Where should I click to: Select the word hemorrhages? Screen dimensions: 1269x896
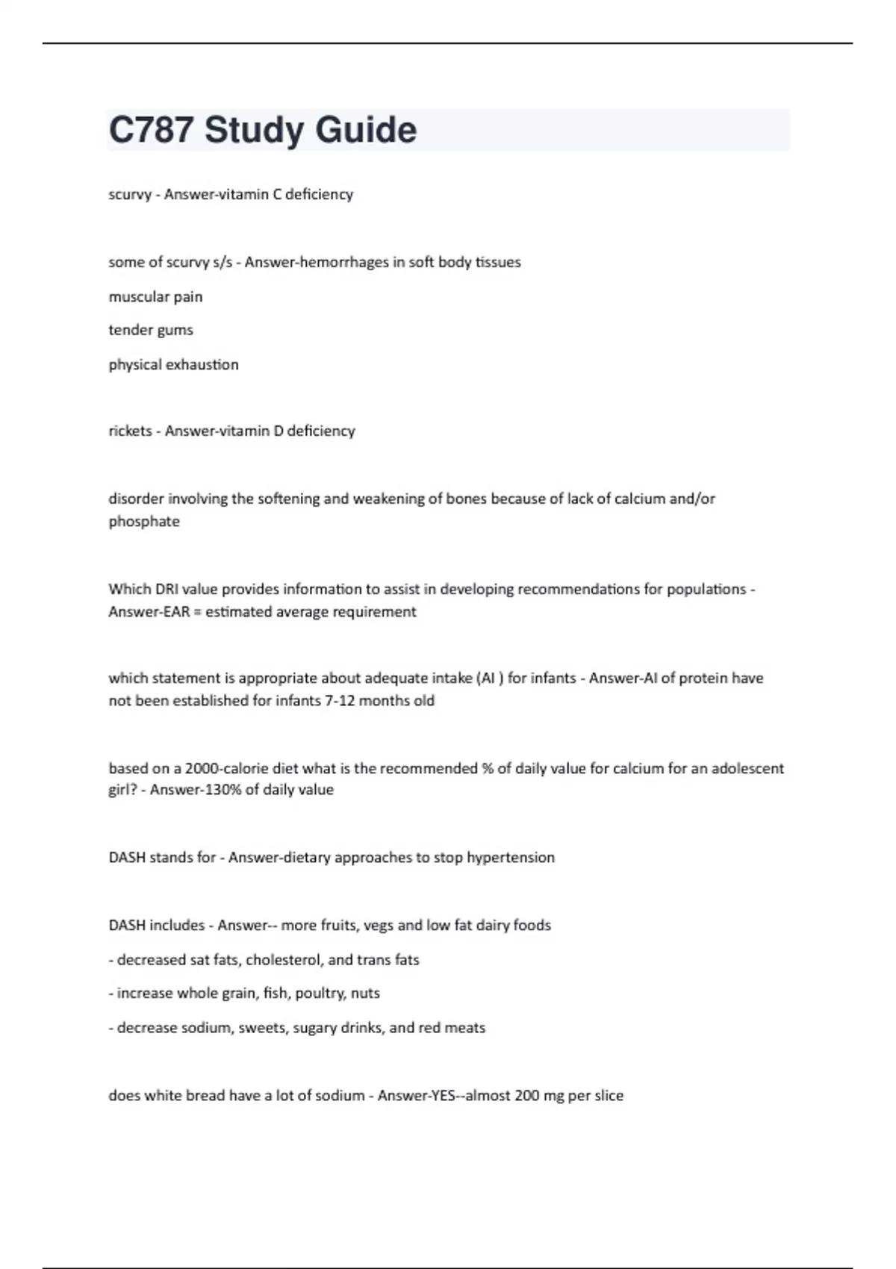[x=348, y=262]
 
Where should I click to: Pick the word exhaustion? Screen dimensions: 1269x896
[x=204, y=365]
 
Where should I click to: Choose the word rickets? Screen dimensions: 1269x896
[x=130, y=431]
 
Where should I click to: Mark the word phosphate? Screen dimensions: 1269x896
[x=144, y=522]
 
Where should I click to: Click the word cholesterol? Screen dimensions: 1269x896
[x=284, y=960]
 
